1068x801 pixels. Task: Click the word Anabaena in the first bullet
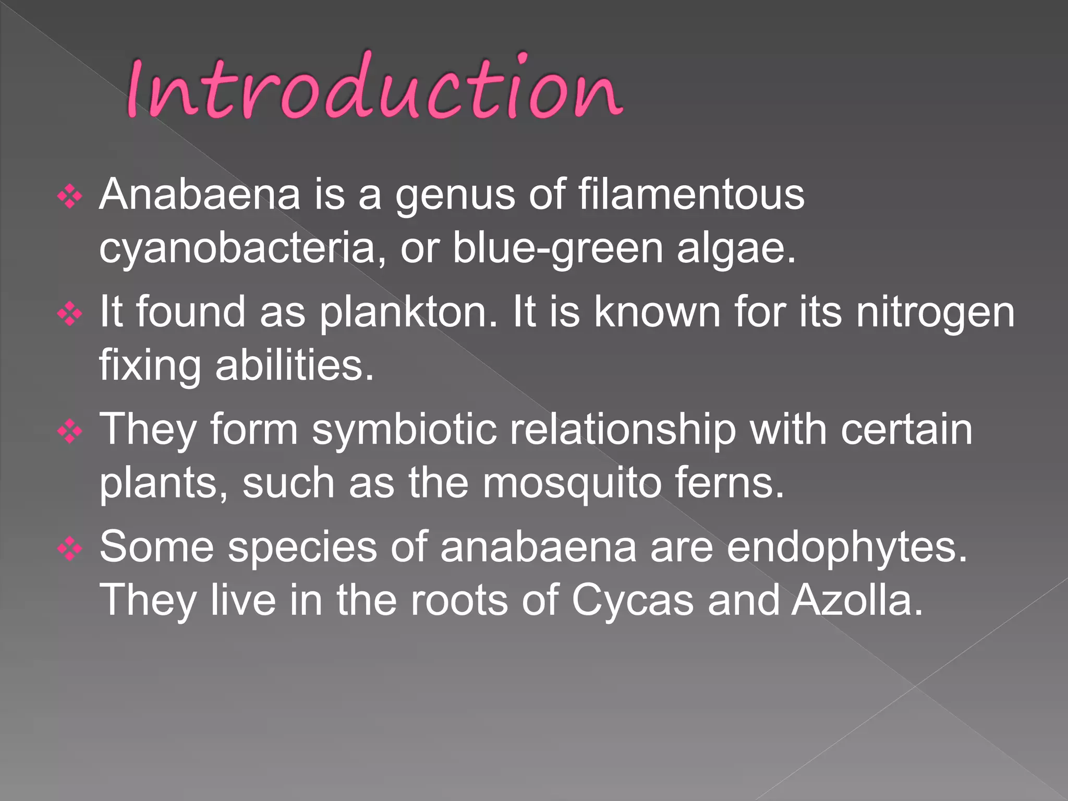click(200, 195)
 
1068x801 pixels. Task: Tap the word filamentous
click(691, 195)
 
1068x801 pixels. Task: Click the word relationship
click(622, 431)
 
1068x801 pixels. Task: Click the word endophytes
click(847, 548)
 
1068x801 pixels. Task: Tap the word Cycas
click(633, 601)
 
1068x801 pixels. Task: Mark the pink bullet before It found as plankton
click(70, 314)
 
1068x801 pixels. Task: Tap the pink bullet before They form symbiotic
click(70, 432)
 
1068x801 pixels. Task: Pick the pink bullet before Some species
click(70, 549)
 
